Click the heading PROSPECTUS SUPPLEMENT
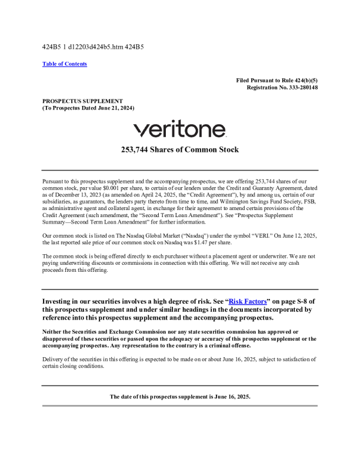pos(82,101)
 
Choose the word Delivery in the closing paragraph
pos(54,359)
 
